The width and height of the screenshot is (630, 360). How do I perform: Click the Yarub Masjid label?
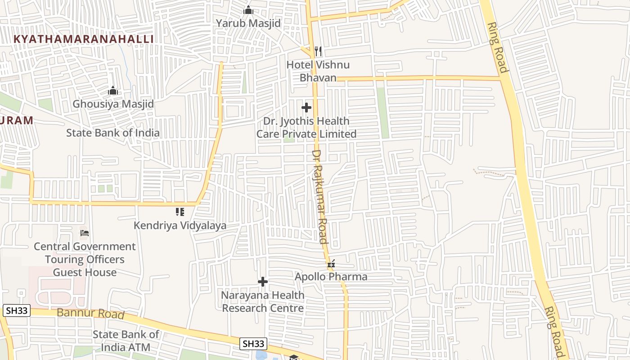point(248,23)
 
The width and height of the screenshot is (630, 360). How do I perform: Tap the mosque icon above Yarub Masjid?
point(248,9)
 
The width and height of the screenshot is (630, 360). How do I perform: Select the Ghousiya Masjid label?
point(113,104)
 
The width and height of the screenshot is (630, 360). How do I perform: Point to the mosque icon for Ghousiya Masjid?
point(113,91)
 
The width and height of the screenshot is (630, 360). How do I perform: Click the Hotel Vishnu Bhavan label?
point(318,71)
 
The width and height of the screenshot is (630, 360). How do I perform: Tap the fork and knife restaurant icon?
point(318,51)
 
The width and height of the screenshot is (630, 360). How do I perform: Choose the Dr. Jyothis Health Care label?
point(306,127)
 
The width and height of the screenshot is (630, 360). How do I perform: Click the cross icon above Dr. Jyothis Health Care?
point(306,108)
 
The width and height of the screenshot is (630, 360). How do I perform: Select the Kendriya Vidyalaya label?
point(180,225)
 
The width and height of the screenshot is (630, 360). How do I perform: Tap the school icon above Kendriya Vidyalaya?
point(180,211)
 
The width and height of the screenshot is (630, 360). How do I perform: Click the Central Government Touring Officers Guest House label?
point(85,259)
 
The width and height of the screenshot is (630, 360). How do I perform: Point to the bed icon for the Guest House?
point(85,233)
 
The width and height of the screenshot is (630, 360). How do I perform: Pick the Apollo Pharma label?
point(331,277)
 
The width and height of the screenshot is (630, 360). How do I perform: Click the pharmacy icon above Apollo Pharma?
point(331,264)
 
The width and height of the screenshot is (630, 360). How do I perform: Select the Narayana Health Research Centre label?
point(263,301)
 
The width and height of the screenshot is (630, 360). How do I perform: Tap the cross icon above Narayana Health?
point(263,282)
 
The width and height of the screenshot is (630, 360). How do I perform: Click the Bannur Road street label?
point(90,313)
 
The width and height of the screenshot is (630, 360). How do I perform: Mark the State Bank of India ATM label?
point(126,341)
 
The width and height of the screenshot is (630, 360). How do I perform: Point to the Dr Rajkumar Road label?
point(320,197)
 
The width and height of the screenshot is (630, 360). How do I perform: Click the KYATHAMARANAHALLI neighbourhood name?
point(84,39)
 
